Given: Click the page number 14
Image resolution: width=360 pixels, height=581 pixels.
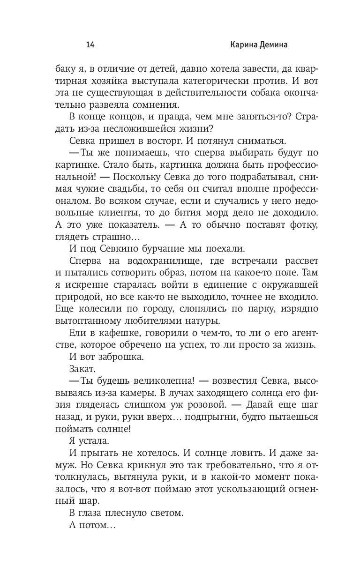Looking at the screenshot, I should click(90, 45).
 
